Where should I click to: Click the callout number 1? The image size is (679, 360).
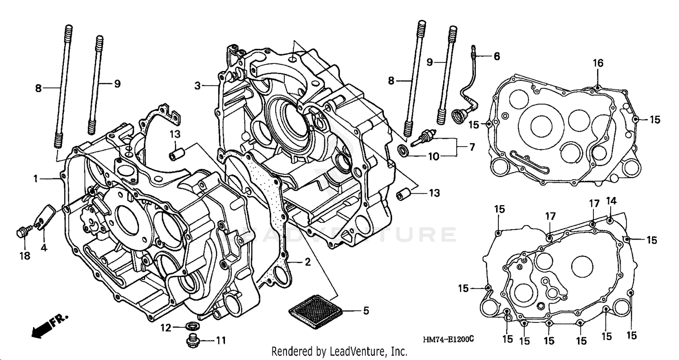(35, 179)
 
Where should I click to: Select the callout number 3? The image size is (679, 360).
(197, 85)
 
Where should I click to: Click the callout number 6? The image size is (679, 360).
(497, 57)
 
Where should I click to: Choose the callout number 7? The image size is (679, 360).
(472, 147)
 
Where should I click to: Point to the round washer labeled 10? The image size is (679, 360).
(402, 151)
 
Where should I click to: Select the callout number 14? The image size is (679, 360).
(611, 201)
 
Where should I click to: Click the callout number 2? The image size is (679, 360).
(307, 262)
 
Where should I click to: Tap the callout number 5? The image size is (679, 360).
(365, 311)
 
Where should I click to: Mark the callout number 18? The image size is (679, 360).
(24, 256)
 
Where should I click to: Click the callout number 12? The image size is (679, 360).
(166, 328)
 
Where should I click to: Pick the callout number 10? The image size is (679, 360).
(434, 157)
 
